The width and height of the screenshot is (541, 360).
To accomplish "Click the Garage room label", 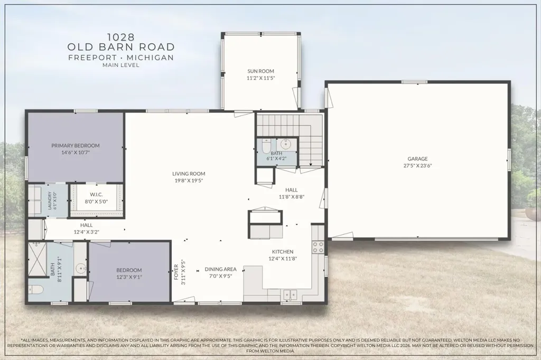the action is (x=417, y=158).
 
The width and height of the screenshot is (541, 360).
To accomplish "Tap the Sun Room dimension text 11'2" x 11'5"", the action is (x=260, y=78).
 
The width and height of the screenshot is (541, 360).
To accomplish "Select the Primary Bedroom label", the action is (x=76, y=146).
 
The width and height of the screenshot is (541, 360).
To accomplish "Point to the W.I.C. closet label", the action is (x=96, y=194).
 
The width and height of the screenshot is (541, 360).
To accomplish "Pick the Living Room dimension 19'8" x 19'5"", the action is (x=189, y=181).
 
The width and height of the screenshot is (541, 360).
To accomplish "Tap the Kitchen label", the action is (x=283, y=252).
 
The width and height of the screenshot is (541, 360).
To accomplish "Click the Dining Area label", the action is (x=220, y=269).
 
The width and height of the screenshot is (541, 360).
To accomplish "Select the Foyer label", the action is (x=176, y=272).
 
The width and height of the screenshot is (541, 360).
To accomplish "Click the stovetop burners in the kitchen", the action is (x=318, y=247).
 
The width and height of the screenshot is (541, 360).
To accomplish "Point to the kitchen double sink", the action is (x=291, y=295).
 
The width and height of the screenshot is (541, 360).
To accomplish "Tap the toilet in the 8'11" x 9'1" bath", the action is (x=35, y=290).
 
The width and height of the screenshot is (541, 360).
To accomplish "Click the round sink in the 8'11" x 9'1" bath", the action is (x=81, y=268).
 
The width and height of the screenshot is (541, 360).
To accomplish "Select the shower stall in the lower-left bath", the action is (x=37, y=259).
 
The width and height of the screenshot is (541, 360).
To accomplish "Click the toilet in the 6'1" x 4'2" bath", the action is (x=266, y=146).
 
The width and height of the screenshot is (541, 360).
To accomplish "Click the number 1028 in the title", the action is (x=121, y=36).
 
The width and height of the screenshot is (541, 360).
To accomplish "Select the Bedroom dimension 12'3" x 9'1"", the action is (x=129, y=277).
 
